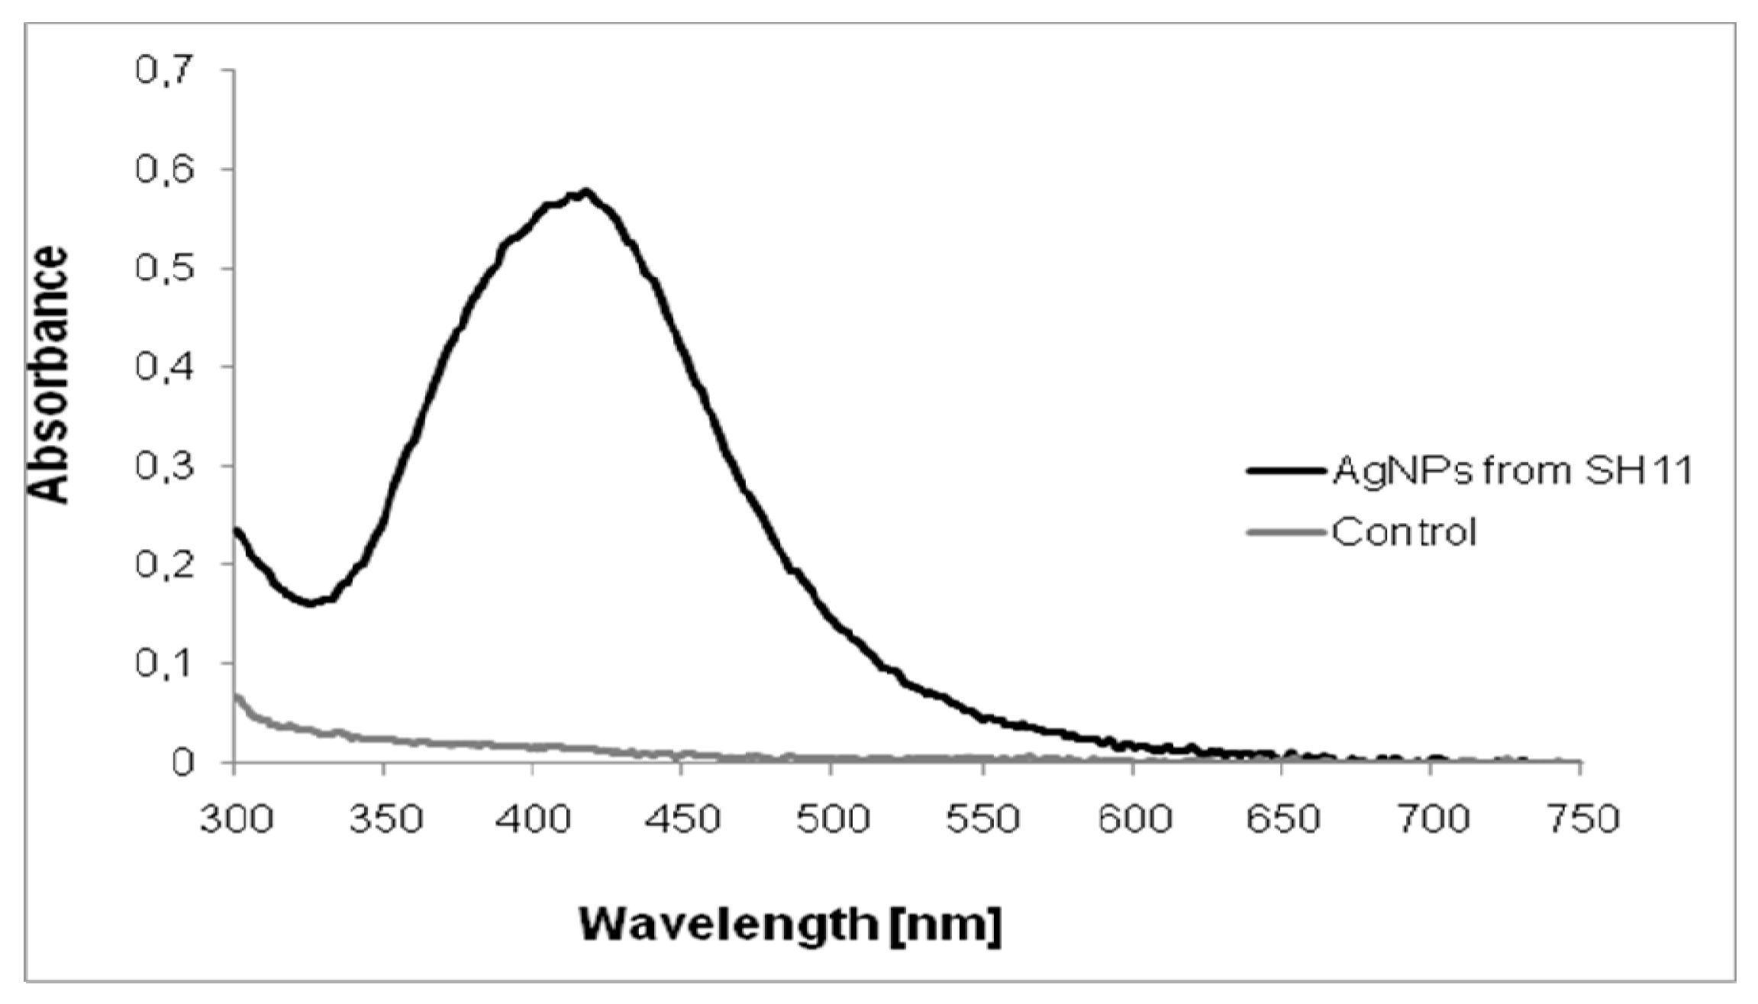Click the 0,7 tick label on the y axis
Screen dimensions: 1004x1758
click(163, 70)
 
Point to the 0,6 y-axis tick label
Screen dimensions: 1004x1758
click(163, 169)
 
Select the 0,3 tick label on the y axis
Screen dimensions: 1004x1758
click(163, 466)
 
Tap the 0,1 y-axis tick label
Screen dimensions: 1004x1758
click(163, 663)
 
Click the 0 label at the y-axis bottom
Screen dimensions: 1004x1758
click(182, 763)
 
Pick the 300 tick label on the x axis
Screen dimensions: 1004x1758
click(236, 819)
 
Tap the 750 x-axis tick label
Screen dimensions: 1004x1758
click(1581, 819)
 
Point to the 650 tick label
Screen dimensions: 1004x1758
click(1282, 819)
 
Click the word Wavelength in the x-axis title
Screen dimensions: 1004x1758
click(729, 925)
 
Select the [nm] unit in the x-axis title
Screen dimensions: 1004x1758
click(946, 925)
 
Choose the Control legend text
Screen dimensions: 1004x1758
click(1404, 531)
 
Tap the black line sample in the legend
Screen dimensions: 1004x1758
click(1285, 471)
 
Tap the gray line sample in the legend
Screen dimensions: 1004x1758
click(1285, 532)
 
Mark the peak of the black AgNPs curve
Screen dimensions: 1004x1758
click(585, 192)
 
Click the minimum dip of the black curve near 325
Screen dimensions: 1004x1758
click(310, 603)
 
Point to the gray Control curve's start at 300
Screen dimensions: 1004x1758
click(237, 696)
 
